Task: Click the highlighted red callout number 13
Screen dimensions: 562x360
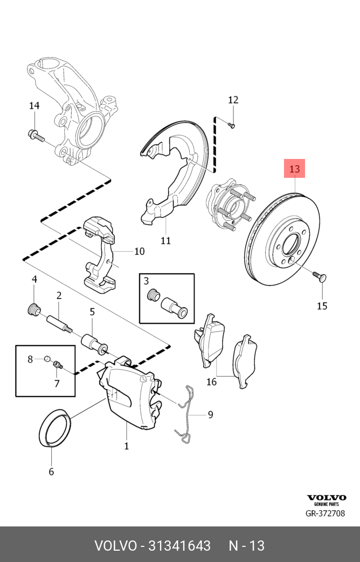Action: tap(295, 169)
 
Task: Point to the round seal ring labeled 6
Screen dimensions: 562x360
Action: tap(55, 428)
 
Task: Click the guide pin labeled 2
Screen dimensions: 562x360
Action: tap(59, 324)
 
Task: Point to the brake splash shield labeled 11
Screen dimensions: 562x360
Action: tap(170, 178)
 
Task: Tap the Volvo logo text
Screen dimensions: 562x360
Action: tap(327, 498)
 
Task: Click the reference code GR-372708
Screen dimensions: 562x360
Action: tap(325, 514)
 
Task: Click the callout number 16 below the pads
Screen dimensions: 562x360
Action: tap(211, 382)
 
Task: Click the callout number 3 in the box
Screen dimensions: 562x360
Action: tap(146, 281)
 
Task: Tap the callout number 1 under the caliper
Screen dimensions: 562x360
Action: tap(127, 446)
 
